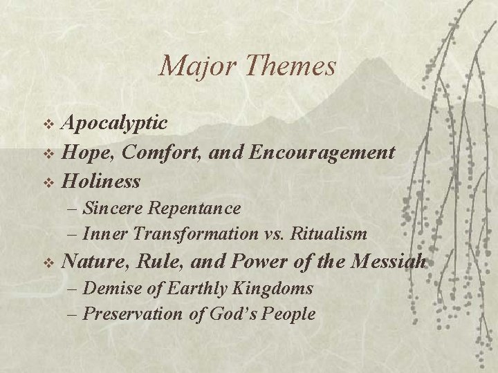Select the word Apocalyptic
tap(114, 124)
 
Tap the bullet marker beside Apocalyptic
tap(48, 124)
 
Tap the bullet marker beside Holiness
tap(48, 182)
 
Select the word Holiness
tap(101, 182)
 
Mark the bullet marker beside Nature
tap(48, 263)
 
